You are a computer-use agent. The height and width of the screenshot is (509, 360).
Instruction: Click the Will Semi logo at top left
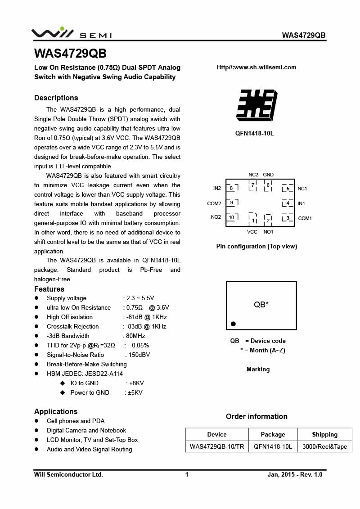coord(71,33)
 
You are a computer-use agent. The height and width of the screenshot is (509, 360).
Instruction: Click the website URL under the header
coord(256,68)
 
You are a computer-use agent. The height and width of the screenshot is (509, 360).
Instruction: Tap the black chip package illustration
coord(256,105)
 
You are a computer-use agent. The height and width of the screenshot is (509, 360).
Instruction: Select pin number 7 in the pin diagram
coord(253,185)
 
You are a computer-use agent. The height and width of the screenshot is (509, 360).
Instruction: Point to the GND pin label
coord(268,175)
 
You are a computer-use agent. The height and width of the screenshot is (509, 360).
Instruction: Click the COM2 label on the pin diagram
coord(214,203)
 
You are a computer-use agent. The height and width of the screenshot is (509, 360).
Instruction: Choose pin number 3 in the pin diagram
coord(288,218)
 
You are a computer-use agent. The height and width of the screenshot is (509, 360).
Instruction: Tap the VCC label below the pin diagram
coord(252,232)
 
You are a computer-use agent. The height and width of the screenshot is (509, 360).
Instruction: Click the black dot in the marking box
coord(233,324)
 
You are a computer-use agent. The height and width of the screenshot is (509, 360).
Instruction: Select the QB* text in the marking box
coord(261,305)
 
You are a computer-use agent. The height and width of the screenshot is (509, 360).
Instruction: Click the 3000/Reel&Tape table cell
coord(324,447)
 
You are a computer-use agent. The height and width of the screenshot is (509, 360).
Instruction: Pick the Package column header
coord(273,434)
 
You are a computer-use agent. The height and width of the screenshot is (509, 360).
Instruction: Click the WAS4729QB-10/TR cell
coord(217,447)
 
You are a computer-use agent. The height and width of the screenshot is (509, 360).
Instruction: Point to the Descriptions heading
coord(56,98)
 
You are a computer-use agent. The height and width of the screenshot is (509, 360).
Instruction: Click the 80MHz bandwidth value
coord(135,336)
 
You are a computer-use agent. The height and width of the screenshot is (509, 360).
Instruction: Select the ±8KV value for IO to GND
coord(136,383)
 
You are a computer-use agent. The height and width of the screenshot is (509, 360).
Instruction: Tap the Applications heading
coord(56,411)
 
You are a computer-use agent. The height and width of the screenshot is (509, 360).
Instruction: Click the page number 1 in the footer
coord(187,474)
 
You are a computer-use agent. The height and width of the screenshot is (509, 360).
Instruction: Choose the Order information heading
coord(256,416)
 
